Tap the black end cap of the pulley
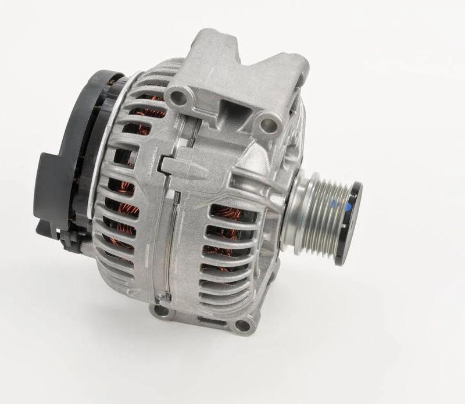pyautogui.click(x=352, y=207)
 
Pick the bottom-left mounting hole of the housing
pyautogui.click(x=159, y=309)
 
